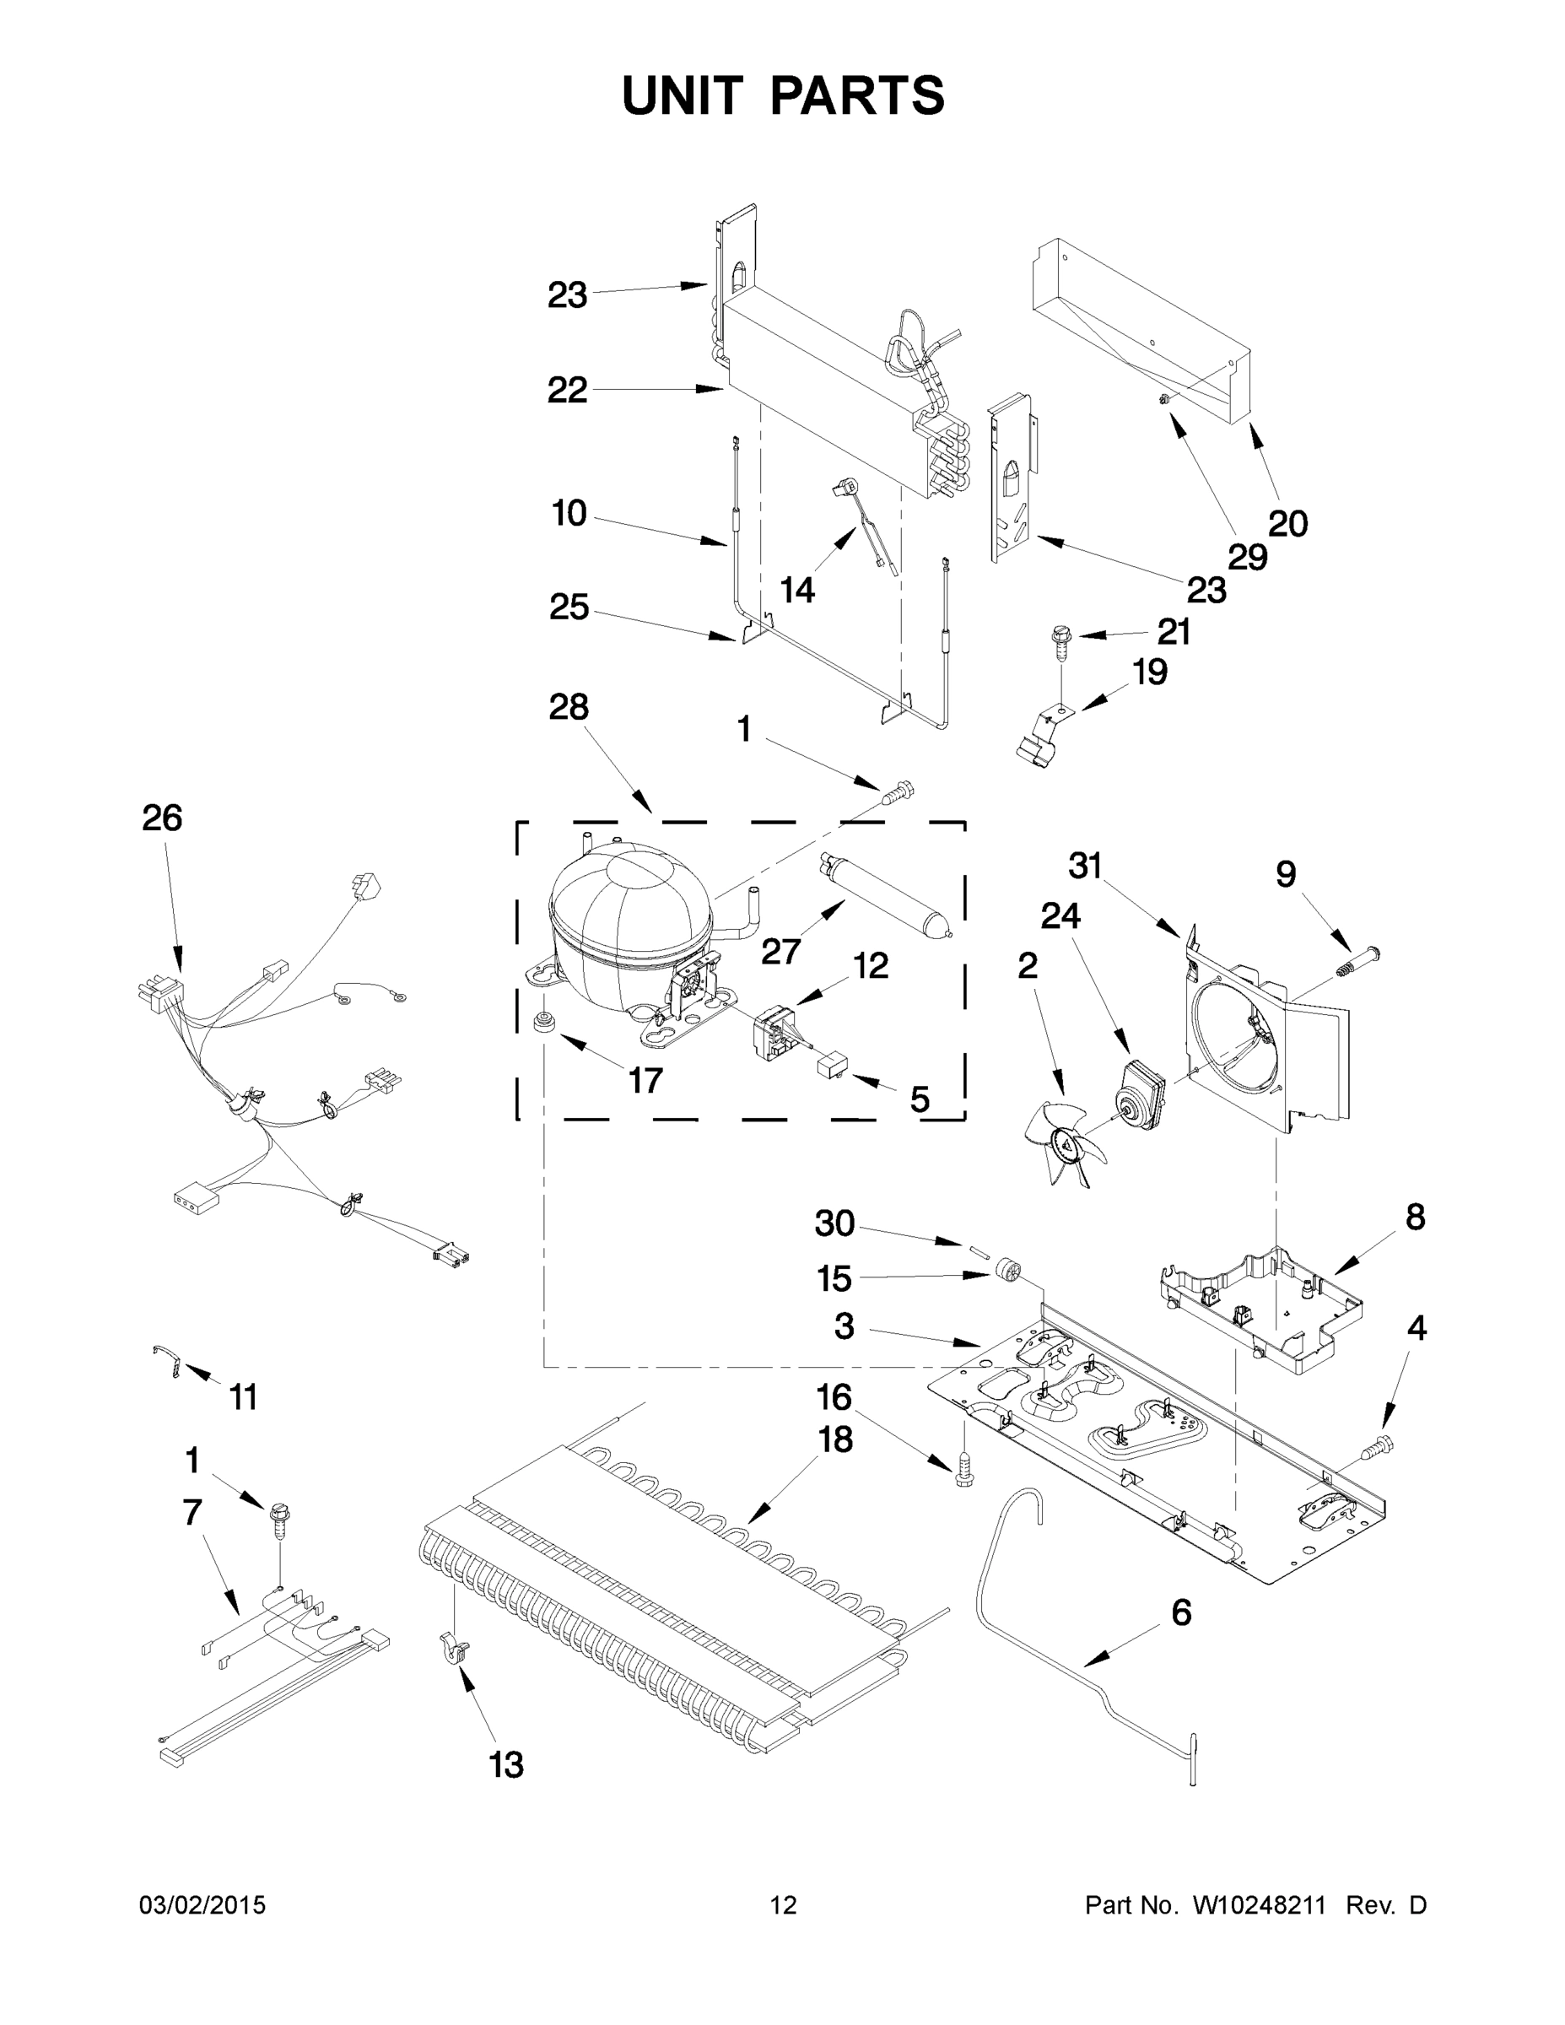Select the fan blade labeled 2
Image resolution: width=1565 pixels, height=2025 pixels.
(x=1065, y=1142)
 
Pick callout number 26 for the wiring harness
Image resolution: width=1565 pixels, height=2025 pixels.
(x=161, y=818)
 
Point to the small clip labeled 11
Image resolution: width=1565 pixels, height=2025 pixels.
(x=167, y=1362)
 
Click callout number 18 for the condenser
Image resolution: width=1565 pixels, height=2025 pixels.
(x=834, y=1440)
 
